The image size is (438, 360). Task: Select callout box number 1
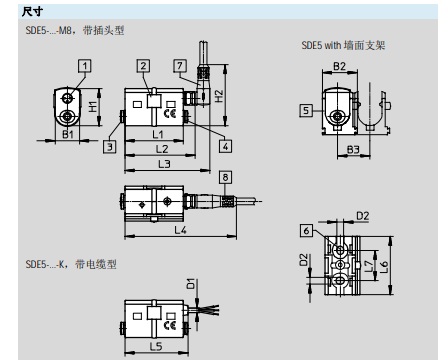coord(85,65)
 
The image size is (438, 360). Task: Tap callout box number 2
coord(144,65)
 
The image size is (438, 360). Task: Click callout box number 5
coord(304,112)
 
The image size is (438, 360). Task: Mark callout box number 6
coord(304,229)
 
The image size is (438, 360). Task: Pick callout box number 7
coord(180,65)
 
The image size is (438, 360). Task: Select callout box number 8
coord(225,177)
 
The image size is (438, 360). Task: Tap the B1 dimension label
coord(69,133)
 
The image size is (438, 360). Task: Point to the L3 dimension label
coord(163,162)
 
